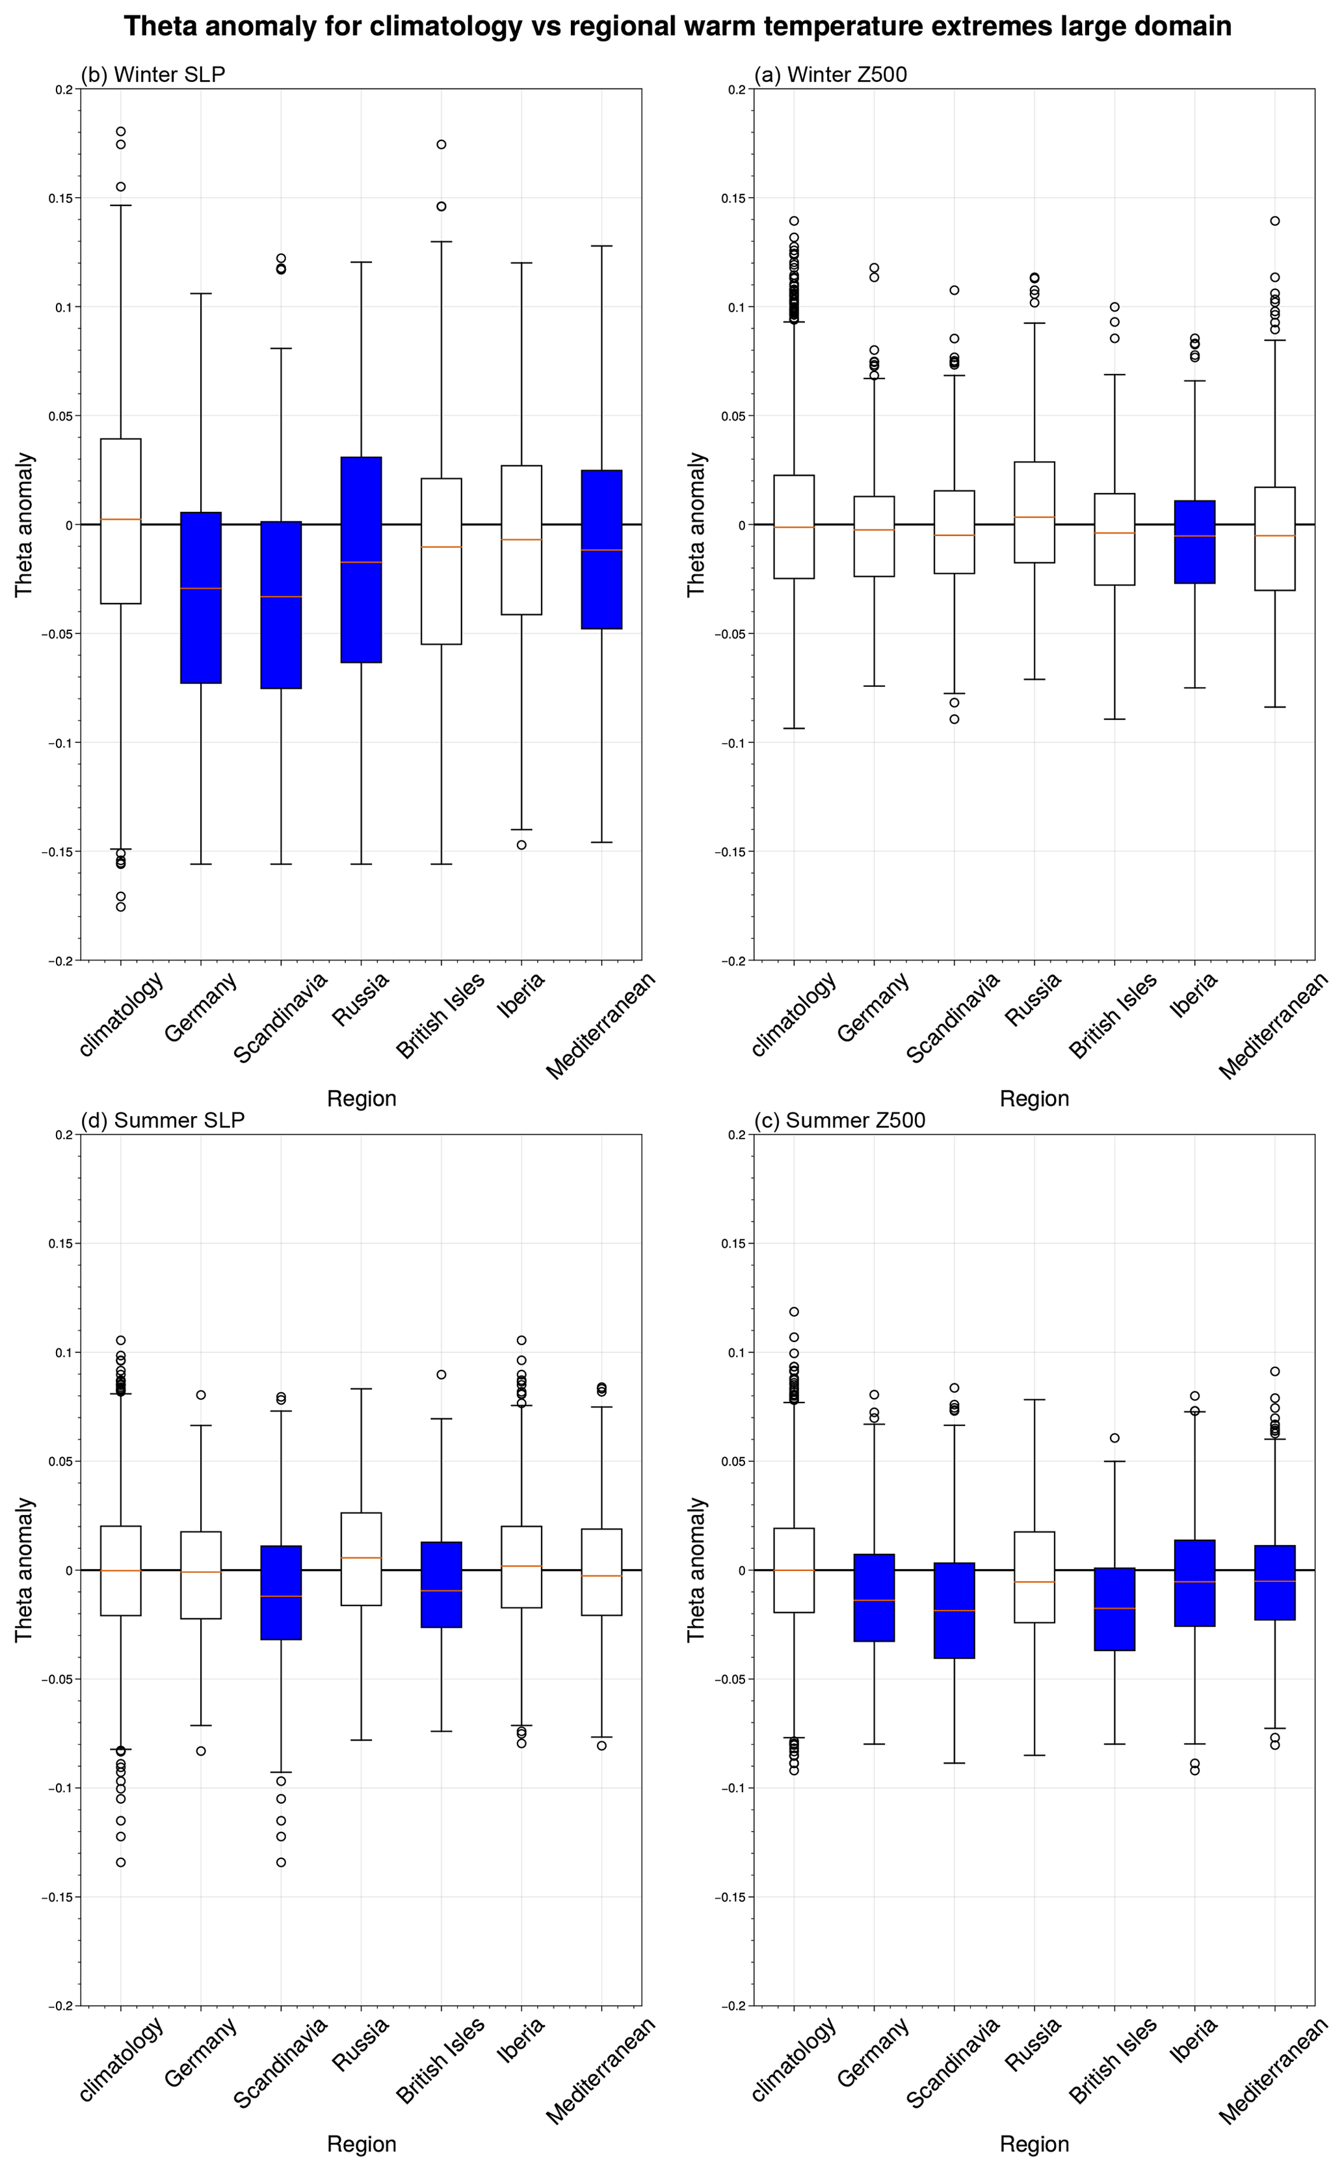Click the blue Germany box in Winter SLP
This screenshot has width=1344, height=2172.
[201, 597]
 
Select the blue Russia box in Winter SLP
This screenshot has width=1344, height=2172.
[361, 560]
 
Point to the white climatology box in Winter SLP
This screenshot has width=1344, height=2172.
[121, 521]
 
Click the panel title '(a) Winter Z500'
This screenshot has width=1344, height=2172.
[830, 75]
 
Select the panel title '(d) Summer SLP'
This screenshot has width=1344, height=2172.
[163, 1120]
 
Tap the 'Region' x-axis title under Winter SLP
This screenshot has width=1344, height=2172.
[361, 1098]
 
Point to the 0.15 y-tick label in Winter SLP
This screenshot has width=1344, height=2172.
[60, 198]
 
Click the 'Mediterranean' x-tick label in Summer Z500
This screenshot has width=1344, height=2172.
[1273, 2072]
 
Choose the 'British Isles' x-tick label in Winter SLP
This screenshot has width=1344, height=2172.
[441, 1015]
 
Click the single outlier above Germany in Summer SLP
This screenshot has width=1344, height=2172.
[201, 1395]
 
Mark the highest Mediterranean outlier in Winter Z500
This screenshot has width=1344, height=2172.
[1274, 221]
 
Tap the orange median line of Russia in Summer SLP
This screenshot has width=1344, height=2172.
[361, 1558]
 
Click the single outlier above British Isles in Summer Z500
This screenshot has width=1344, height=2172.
[1114, 1438]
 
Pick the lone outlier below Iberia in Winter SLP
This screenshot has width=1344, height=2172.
[521, 844]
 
